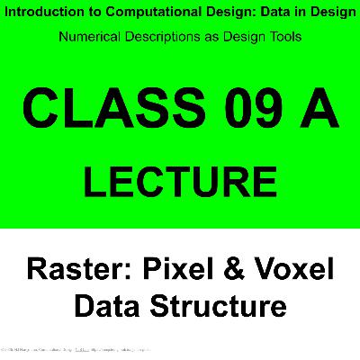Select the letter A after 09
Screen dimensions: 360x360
point(319,111)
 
